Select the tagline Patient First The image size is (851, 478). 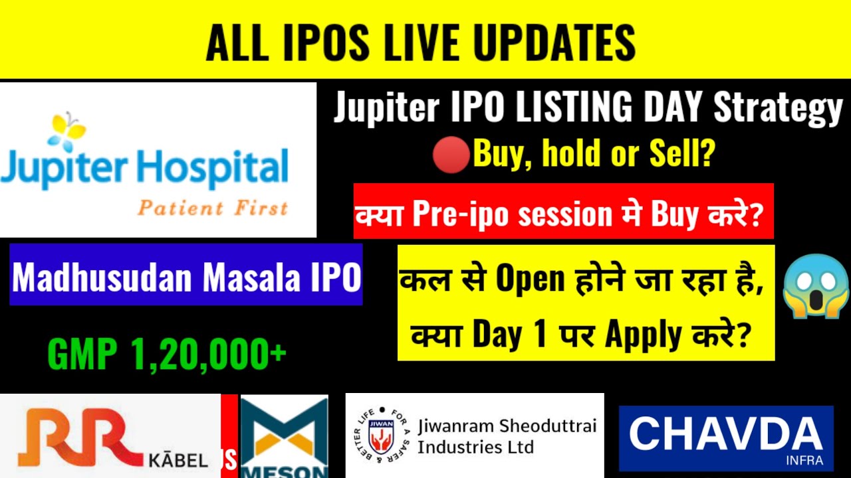(x=213, y=208)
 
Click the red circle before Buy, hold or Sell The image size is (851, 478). (x=451, y=157)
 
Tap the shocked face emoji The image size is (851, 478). (x=816, y=285)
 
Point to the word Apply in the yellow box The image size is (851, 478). (x=644, y=335)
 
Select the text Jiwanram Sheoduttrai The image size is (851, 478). (x=507, y=426)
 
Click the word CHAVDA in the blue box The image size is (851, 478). (x=725, y=436)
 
